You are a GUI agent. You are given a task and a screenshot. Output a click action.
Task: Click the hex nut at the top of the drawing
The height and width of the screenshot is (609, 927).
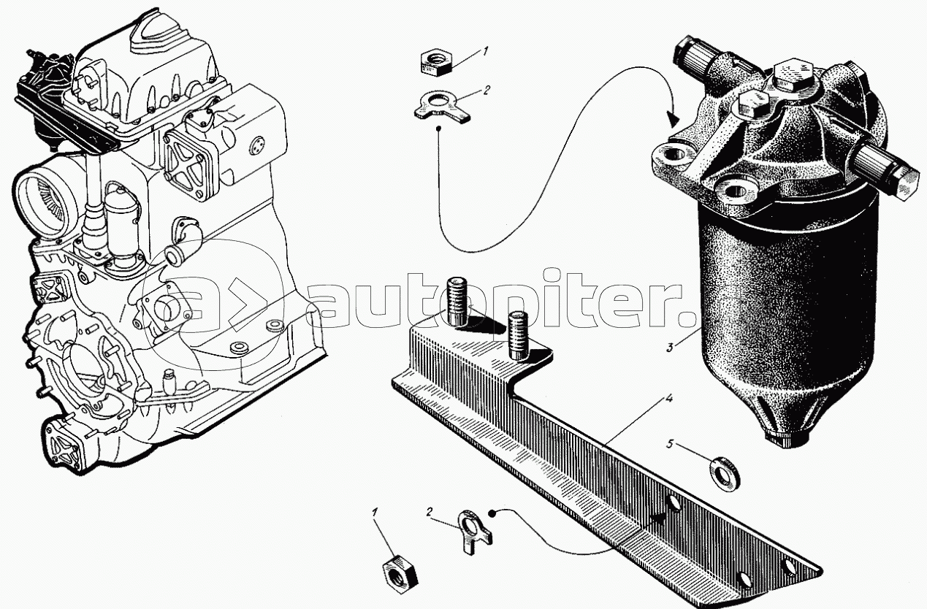tap(436, 62)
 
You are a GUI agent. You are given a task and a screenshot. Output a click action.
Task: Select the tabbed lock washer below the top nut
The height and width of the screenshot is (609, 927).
tap(442, 107)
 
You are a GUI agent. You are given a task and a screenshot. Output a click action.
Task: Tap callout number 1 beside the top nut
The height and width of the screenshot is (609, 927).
tap(485, 51)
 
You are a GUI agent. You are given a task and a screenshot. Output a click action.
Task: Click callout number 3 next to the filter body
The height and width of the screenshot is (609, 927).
tap(670, 348)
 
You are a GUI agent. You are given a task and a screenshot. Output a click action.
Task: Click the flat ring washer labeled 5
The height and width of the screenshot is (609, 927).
tap(725, 474)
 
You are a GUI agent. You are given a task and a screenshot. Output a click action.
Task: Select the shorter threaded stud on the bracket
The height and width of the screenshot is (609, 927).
tap(517, 335)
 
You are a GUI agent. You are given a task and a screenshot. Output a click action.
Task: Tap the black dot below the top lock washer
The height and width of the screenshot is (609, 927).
tap(439, 129)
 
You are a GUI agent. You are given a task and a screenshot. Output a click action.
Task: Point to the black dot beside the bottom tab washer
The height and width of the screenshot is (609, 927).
tap(492, 513)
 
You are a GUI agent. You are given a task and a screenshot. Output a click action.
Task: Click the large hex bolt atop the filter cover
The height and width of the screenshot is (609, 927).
tap(790, 80)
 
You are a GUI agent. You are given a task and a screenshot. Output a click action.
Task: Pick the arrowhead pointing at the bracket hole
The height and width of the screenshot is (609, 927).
tap(660, 518)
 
